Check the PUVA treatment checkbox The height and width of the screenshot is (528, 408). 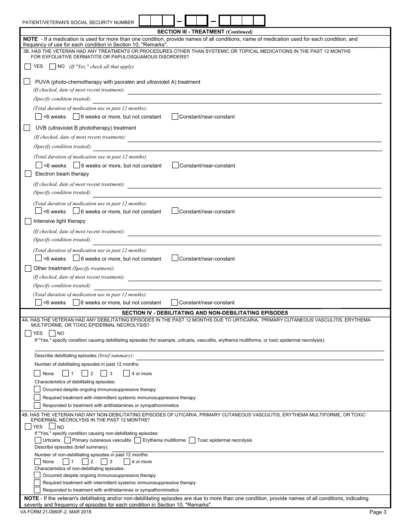coord(27,82)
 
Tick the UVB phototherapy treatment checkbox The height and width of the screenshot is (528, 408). coord(27,127)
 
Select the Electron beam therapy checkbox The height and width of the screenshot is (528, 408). coord(28,174)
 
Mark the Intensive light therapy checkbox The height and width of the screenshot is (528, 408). coord(28,221)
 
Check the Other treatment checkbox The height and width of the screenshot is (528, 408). coord(28,268)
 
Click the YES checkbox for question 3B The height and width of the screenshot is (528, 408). coord(28,67)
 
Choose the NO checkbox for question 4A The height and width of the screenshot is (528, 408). coord(52,333)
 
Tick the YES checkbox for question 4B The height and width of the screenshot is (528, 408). coord(28,427)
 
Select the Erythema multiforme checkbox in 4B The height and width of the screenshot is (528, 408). coord(137,440)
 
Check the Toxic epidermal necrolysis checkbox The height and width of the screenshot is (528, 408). coord(192,440)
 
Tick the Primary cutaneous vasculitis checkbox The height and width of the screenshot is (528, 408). coord(67,440)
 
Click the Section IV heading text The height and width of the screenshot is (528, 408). coord(205,313)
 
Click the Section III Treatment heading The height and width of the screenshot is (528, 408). coord(205,31)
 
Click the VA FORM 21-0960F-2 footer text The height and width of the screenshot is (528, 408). coord(56,512)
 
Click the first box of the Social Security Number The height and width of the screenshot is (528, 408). coord(145,21)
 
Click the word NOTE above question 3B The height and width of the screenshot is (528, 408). coord(30,39)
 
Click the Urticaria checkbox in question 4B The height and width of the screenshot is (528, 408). coord(38,440)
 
